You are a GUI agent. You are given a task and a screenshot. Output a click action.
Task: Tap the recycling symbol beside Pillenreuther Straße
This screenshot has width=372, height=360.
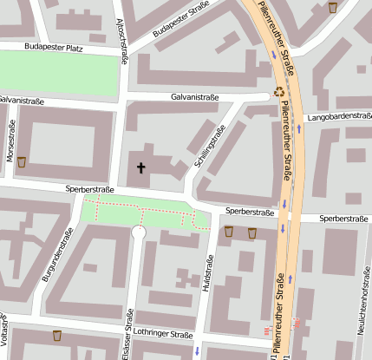(279, 90)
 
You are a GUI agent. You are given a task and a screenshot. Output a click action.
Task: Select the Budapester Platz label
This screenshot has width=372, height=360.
(54, 48)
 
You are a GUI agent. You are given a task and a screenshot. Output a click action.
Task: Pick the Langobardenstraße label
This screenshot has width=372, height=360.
(339, 115)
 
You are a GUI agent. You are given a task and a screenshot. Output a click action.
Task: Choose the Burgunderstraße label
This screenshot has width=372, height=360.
(55, 255)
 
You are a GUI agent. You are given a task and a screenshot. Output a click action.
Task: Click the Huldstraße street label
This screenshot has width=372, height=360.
(207, 278)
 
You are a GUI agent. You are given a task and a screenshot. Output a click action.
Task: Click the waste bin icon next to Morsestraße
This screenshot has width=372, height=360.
(22, 161)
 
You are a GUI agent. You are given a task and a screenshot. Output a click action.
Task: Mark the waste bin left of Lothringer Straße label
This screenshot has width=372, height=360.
(57, 335)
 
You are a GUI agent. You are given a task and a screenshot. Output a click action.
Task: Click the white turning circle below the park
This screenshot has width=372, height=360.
(139, 232)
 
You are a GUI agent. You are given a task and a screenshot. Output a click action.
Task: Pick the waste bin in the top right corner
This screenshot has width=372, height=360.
(334, 8)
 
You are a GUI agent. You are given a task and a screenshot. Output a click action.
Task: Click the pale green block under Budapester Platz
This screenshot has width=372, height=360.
(57, 73)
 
